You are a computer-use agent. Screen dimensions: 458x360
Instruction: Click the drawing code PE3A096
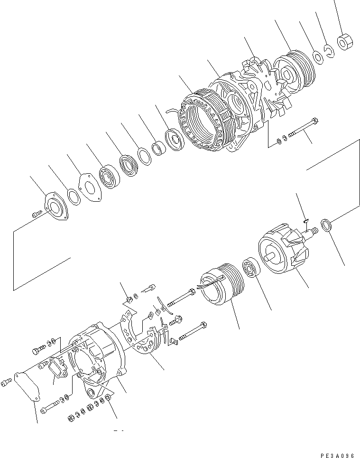click(337, 455)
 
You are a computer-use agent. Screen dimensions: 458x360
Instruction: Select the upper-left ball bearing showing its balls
click(111, 176)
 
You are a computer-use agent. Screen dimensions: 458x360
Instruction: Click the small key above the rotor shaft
click(306, 219)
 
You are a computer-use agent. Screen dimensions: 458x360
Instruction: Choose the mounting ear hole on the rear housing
click(91, 392)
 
